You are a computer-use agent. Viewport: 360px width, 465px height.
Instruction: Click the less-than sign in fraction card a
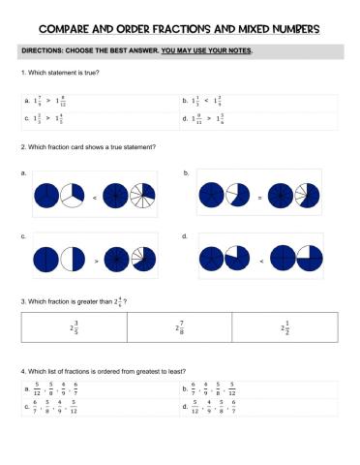tap(94, 198)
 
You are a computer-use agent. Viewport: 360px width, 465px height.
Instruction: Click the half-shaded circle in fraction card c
tap(75, 260)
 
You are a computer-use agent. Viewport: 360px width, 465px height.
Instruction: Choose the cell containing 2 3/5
tap(74, 328)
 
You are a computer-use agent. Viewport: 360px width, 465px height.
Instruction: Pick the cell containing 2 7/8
tap(180, 328)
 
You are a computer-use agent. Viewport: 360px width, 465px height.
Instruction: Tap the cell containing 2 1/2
tap(285, 328)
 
